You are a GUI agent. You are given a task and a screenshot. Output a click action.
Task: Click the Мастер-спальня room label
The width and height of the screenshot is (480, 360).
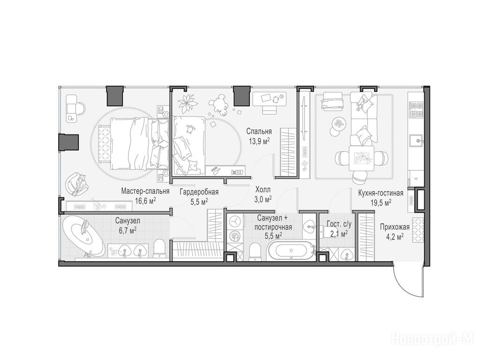pyautogui.click(x=145, y=192)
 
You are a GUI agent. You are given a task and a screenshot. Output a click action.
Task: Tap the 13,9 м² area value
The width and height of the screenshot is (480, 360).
pyautogui.click(x=259, y=141)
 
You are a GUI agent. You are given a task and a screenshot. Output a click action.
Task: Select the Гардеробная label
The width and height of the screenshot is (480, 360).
pyautogui.click(x=199, y=192)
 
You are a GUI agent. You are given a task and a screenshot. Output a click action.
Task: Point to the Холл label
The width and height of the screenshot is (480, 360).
pyautogui.click(x=263, y=190)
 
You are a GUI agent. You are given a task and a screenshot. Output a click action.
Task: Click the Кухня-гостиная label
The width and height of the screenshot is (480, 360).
pyautogui.click(x=381, y=193)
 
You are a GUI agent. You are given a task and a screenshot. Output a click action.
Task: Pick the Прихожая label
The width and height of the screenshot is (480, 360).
pyautogui.click(x=395, y=227)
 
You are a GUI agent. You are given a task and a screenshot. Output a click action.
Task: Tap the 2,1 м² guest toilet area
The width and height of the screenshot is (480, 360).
pyautogui.click(x=339, y=234)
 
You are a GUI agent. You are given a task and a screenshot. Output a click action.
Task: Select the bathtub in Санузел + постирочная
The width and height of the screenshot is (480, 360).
pyautogui.click(x=290, y=251)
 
